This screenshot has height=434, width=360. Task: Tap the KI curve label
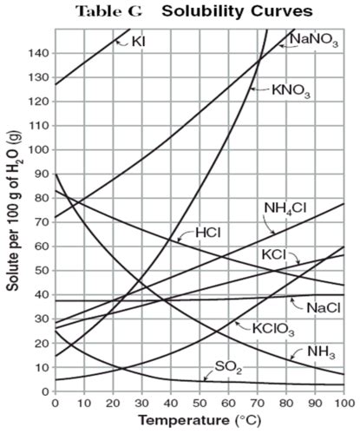coord(138,40)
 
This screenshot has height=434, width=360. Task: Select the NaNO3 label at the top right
coord(314,39)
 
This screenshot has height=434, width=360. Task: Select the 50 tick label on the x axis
coord(199,404)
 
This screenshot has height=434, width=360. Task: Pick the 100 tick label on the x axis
coord(344,404)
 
